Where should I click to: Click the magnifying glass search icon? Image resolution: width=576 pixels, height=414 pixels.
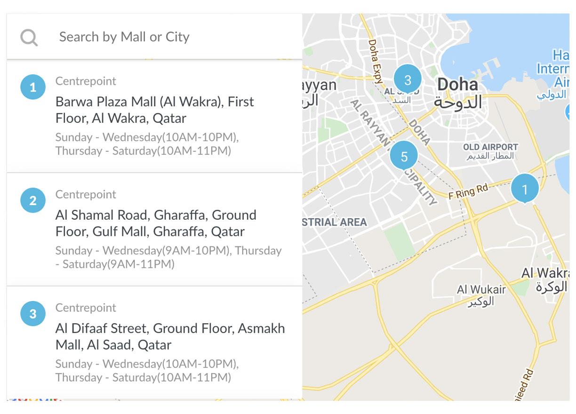[x=29, y=37]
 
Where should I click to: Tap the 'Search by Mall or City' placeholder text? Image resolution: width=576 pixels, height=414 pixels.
[x=124, y=37]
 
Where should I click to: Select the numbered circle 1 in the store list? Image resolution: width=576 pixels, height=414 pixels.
[x=32, y=87]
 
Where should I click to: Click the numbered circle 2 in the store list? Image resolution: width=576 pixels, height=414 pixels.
[x=32, y=200]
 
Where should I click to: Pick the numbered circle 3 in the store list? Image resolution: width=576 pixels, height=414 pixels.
[x=32, y=314]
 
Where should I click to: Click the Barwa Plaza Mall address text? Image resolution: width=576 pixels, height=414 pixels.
[x=154, y=110]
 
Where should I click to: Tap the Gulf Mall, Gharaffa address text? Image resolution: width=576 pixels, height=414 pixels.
[x=156, y=223]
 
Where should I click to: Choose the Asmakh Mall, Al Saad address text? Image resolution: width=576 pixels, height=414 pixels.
[x=170, y=336]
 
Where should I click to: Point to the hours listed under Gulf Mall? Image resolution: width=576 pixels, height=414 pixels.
[x=168, y=257]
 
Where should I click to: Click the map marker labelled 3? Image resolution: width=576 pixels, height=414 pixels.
[x=408, y=80]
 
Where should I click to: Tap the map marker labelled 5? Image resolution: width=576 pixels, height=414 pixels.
[x=404, y=156]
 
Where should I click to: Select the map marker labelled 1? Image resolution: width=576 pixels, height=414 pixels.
[x=524, y=189]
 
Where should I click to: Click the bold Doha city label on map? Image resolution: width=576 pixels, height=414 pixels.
[x=457, y=85]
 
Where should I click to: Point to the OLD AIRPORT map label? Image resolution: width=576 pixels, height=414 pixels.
[x=490, y=147]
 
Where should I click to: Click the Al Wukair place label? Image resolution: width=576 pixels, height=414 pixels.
[x=481, y=290]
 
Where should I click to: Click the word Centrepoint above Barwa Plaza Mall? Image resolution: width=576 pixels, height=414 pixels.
[x=86, y=81]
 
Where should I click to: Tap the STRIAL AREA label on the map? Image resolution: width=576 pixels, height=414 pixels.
[x=334, y=222]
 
